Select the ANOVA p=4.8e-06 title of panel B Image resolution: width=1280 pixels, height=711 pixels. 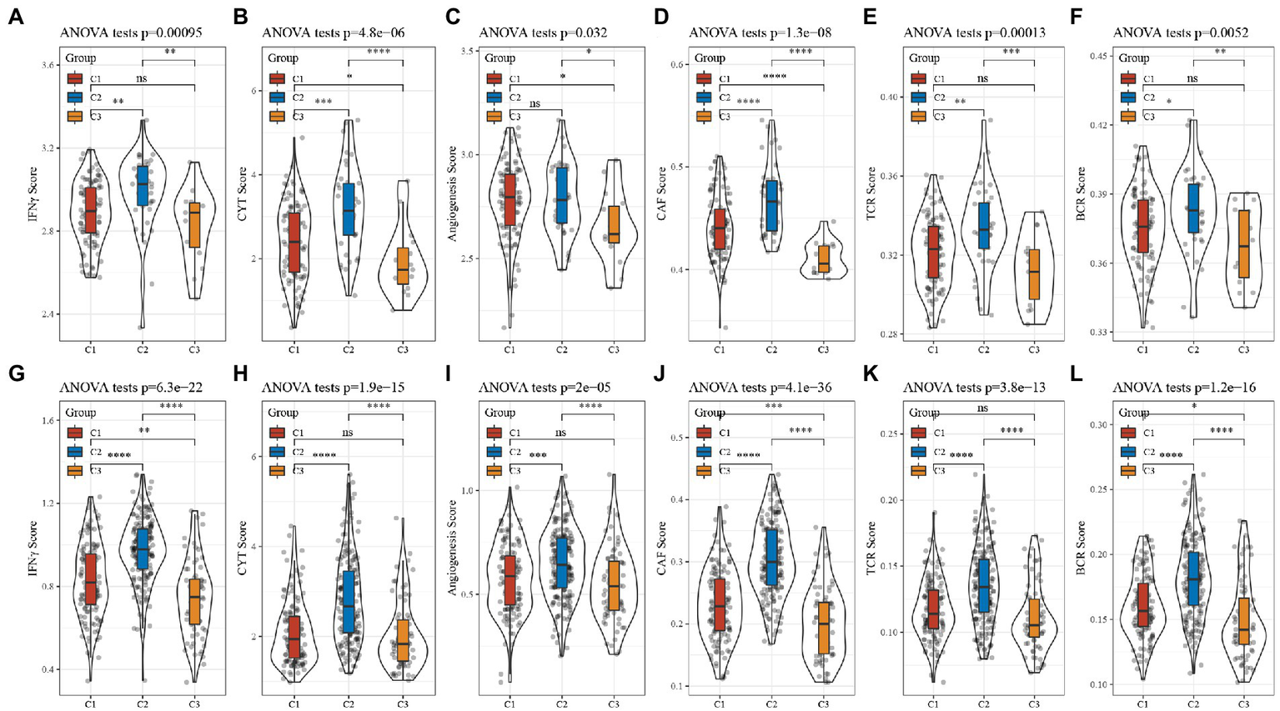click(333, 33)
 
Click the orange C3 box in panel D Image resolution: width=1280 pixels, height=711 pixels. click(824, 259)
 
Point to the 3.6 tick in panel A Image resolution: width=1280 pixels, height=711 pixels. click(48, 65)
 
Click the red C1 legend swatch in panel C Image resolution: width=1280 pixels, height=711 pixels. click(493, 78)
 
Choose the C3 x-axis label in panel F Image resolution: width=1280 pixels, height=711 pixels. click(1243, 350)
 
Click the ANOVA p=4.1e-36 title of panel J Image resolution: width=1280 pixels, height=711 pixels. click(760, 388)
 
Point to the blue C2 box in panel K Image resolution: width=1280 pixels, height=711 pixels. click(984, 586)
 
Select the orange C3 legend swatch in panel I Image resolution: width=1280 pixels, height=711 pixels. click(493, 470)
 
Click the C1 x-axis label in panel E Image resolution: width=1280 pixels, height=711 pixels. click(931, 350)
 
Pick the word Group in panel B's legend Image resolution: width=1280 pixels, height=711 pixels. click(284, 58)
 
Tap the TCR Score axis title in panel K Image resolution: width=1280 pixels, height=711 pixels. click(873, 545)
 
